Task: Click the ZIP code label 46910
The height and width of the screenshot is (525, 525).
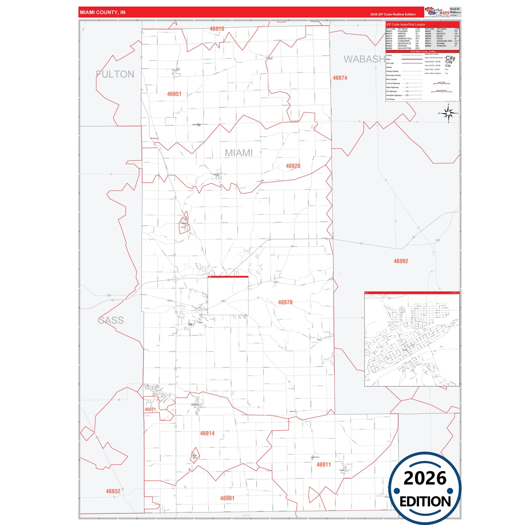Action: coord(217,29)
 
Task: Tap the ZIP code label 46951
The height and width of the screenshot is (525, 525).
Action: coord(174,94)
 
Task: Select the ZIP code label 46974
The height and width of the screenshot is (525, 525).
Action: coord(340,78)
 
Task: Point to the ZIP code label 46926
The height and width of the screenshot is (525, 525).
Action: coord(293,166)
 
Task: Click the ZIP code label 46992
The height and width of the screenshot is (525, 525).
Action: coord(401,261)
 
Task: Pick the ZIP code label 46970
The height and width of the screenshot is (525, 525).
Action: coord(285,302)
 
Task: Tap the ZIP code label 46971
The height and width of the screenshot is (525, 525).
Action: coord(150,409)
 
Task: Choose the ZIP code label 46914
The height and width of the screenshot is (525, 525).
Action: coord(207,433)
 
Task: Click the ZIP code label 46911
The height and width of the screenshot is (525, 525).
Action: coord(323,465)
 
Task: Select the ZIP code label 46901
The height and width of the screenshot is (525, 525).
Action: coord(227,498)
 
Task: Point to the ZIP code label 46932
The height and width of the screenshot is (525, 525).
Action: coord(113,492)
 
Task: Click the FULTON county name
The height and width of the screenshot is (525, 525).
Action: coord(115,74)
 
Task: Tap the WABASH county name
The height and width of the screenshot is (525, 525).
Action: coord(364,59)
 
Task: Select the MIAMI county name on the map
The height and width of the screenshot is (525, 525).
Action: coord(238,153)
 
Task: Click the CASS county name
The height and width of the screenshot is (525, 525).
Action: coord(111,320)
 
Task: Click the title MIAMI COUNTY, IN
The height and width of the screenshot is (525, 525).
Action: coord(102,12)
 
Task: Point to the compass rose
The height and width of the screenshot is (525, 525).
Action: coord(448,113)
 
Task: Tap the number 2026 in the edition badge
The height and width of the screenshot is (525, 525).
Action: coord(425,478)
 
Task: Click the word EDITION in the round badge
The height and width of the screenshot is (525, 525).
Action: coord(425,502)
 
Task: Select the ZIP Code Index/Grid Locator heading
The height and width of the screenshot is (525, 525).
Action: coord(406,24)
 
